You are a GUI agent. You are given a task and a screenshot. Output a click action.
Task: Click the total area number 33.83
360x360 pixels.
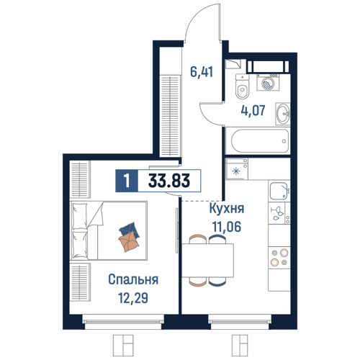[x=169, y=181]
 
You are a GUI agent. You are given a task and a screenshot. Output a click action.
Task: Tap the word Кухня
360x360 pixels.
[x=227, y=208]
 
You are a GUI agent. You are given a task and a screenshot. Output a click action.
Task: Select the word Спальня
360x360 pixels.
[x=133, y=279]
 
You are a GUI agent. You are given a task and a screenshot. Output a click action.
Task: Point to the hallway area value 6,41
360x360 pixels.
[x=202, y=72]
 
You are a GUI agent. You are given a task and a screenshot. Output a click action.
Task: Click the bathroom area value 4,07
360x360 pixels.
[x=253, y=110]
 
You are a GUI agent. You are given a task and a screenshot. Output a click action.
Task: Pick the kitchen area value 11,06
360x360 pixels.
[x=227, y=227]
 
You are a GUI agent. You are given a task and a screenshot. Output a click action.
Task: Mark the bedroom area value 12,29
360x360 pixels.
[x=133, y=298]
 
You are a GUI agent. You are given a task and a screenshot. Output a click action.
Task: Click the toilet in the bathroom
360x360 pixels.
[x=243, y=86]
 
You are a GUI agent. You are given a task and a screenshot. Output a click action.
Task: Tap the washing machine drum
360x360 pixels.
[x=268, y=84]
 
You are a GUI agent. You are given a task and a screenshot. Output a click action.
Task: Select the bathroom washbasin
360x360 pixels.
[x=283, y=114]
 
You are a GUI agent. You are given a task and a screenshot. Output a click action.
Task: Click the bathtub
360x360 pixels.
[x=260, y=141]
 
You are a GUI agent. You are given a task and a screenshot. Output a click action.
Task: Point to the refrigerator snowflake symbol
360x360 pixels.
[x=236, y=171]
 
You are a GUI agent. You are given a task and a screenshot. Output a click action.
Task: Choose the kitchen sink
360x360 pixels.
[x=279, y=191]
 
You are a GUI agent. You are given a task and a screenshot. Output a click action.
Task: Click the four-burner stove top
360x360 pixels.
[x=279, y=257]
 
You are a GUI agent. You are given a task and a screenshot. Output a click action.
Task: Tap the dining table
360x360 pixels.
[x=208, y=261]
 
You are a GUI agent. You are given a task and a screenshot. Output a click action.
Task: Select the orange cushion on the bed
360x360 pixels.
[x=129, y=242]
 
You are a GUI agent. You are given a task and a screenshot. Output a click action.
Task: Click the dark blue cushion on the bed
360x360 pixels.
[x=130, y=230]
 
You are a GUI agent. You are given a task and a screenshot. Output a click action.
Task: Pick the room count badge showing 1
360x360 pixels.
[x=127, y=181]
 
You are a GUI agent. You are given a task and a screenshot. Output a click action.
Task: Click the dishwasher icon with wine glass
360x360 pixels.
[x=279, y=213]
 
